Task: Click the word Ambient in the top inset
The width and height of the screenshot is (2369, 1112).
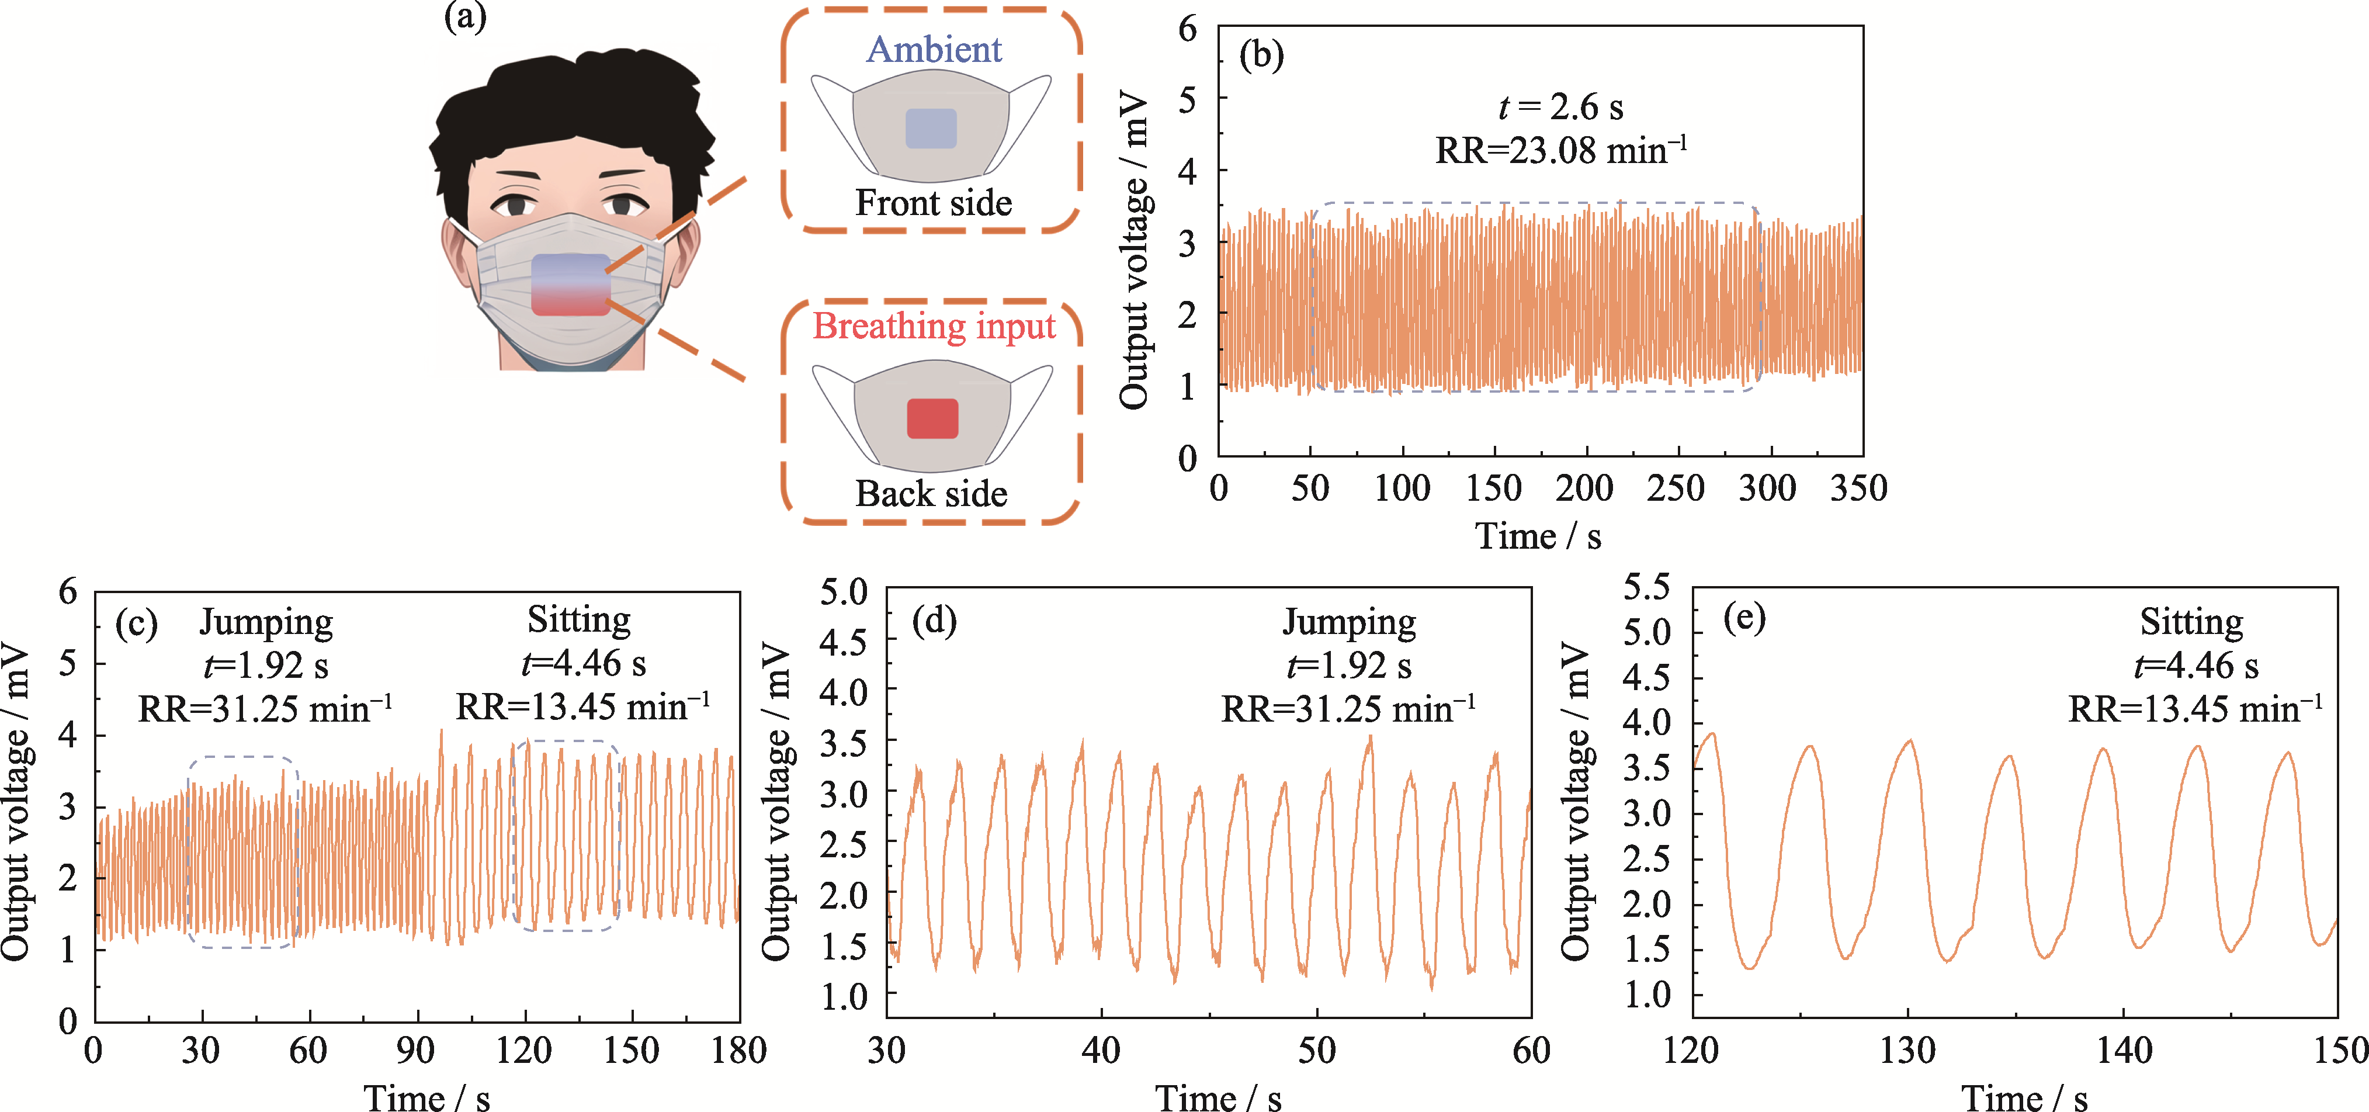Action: [934, 50]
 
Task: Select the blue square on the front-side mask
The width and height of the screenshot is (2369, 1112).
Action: [931, 129]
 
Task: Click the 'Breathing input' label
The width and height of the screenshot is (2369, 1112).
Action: [934, 327]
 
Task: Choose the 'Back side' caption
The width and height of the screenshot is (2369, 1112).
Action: [932, 494]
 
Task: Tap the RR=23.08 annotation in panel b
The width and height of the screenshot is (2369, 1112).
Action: [1560, 151]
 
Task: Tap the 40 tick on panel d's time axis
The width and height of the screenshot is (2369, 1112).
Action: [1101, 1051]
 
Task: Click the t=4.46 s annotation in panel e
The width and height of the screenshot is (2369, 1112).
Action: [2195, 665]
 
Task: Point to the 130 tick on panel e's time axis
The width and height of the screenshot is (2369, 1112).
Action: [1907, 1051]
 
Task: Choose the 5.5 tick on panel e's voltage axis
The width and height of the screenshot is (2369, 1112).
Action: [1647, 587]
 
